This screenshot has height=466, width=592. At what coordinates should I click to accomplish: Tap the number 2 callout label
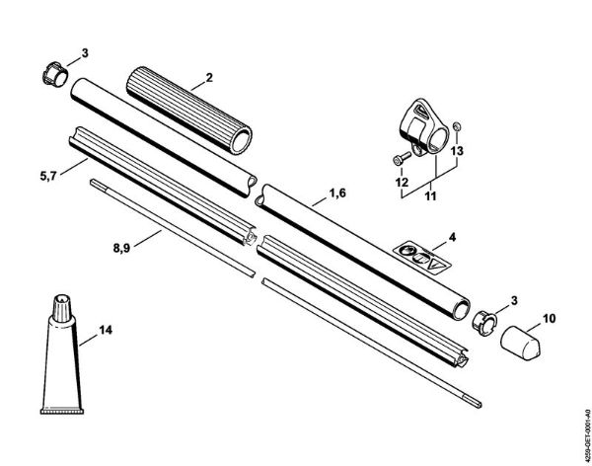(207, 77)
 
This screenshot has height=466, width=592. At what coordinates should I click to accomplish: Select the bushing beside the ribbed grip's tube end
(54, 73)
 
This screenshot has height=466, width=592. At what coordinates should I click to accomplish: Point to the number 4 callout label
(451, 238)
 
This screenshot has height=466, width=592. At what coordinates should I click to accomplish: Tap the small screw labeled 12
(396, 160)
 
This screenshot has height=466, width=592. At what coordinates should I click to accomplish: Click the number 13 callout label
(455, 151)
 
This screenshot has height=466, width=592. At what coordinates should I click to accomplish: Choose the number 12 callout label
(402, 182)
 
